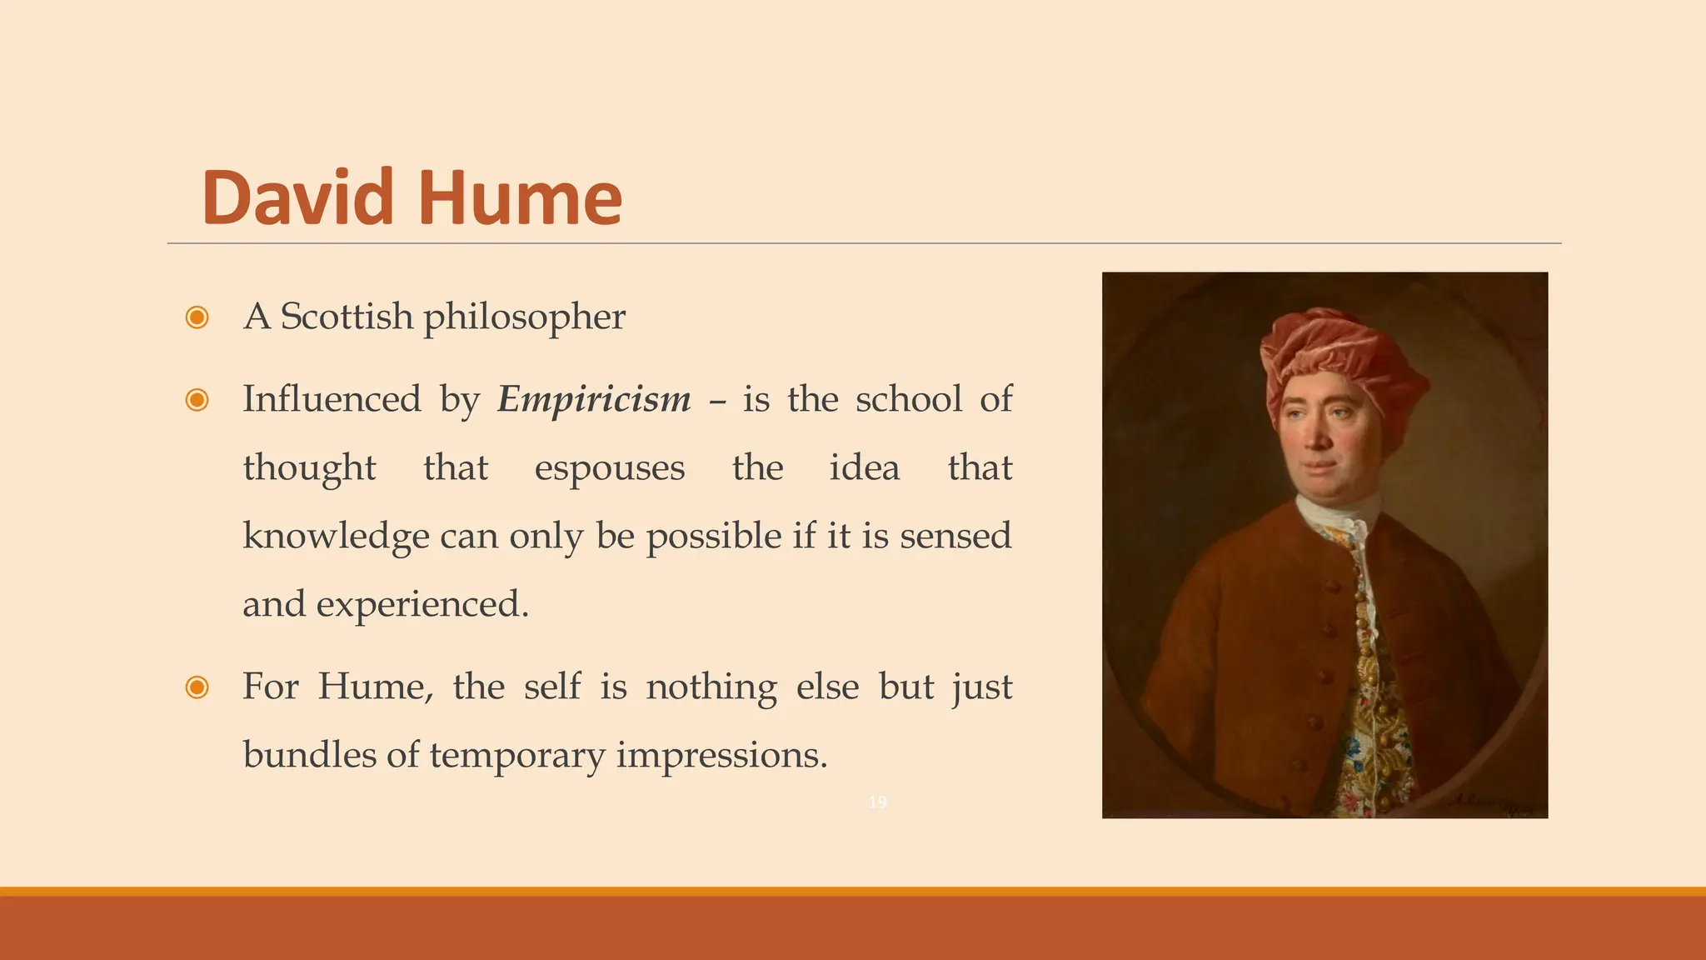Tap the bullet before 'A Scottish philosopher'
197,317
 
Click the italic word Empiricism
594,399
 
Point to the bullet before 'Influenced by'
197,400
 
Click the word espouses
610,467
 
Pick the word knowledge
337,536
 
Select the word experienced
422,604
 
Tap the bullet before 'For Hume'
197,687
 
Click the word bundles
309,755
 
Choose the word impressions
721,755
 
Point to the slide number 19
877,802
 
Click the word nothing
711,687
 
